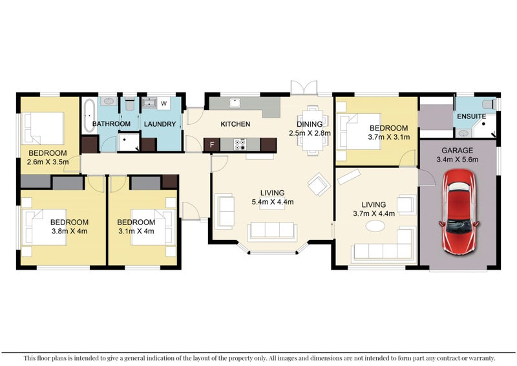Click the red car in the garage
[459, 212]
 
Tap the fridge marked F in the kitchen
[212, 145]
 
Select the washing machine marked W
[164, 103]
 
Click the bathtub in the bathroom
[89, 116]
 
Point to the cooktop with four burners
[240, 145]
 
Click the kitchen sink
[235, 103]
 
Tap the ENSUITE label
[471, 116]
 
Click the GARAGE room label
[457, 151]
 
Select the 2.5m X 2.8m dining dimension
[310, 133]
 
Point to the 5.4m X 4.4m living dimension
[272, 202]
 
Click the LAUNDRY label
[160, 124]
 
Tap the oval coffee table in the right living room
[375, 226]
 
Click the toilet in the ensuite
[489, 104]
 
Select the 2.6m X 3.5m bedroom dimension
[48, 162]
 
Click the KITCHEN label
[235, 124]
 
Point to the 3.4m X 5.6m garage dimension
[457, 160]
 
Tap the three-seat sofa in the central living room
[272, 231]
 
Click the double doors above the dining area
[304, 88]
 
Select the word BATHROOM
[111, 124]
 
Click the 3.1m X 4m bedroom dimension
[136, 231]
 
